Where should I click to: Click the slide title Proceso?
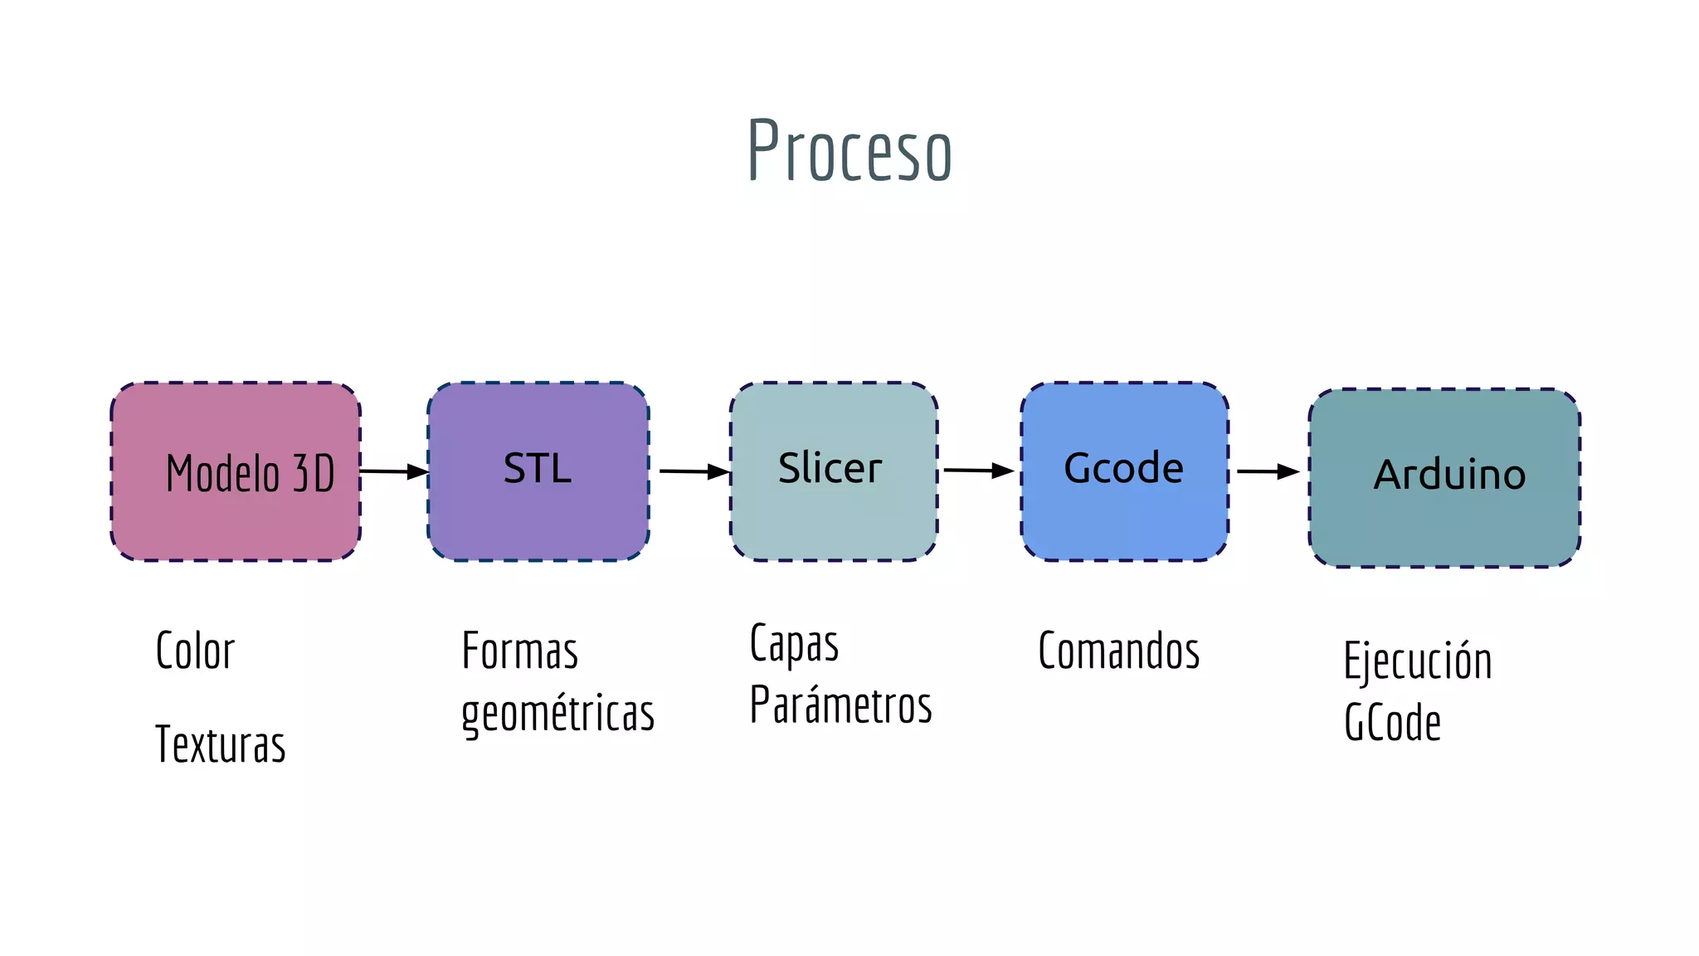point(849,151)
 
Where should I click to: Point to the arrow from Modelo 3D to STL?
point(395,471)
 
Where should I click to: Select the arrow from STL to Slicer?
point(694,471)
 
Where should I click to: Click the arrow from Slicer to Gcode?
point(978,471)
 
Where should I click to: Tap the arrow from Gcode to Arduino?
point(1268,471)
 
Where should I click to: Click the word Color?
point(195,651)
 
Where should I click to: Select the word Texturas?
point(220,744)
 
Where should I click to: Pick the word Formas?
point(519,651)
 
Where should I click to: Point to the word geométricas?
point(557,714)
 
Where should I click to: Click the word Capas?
point(794,644)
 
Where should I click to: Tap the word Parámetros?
point(840,705)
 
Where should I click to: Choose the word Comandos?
point(1118,651)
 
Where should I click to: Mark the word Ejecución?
point(1417,661)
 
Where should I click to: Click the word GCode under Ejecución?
point(1392,722)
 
